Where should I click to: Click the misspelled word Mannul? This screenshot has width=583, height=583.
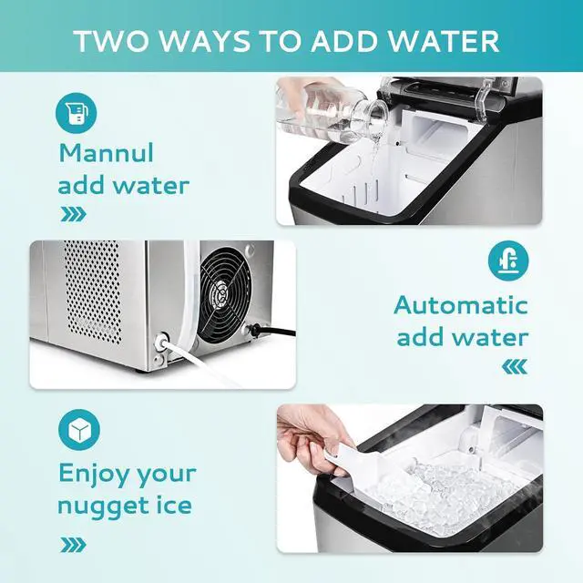[x=107, y=152]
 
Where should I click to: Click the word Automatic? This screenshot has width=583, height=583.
[x=460, y=306]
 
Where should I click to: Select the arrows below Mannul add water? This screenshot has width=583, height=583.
[x=73, y=216]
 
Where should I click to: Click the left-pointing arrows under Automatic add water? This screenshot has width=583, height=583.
[x=514, y=366]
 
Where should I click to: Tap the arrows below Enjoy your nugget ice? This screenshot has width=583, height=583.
[x=73, y=545]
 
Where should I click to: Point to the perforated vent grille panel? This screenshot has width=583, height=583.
[x=92, y=291]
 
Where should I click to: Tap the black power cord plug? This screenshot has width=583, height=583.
[x=254, y=329]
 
